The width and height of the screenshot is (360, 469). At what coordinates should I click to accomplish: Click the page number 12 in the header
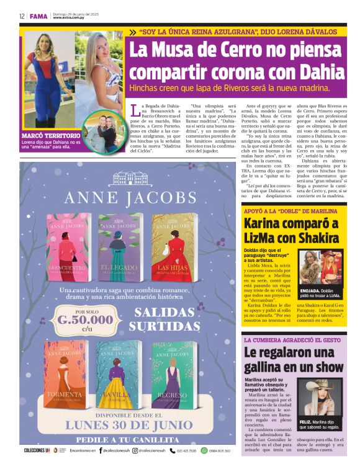click(x=22, y=16)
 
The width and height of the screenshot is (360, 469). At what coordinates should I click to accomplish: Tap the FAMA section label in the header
click(x=38, y=16)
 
